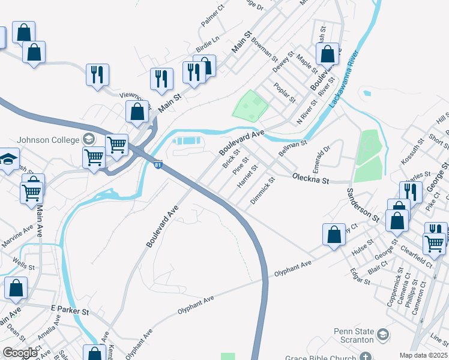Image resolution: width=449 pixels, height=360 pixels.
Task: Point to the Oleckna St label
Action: (x=311, y=179)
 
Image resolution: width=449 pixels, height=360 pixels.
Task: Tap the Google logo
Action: (x=20, y=353)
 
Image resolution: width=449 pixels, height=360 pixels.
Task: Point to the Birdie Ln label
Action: (x=208, y=44)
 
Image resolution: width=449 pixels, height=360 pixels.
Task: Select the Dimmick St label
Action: (x=263, y=190)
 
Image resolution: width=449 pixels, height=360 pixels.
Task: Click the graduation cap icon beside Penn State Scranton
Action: (x=382, y=334)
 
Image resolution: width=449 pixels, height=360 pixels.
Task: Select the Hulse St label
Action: (x=362, y=248)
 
